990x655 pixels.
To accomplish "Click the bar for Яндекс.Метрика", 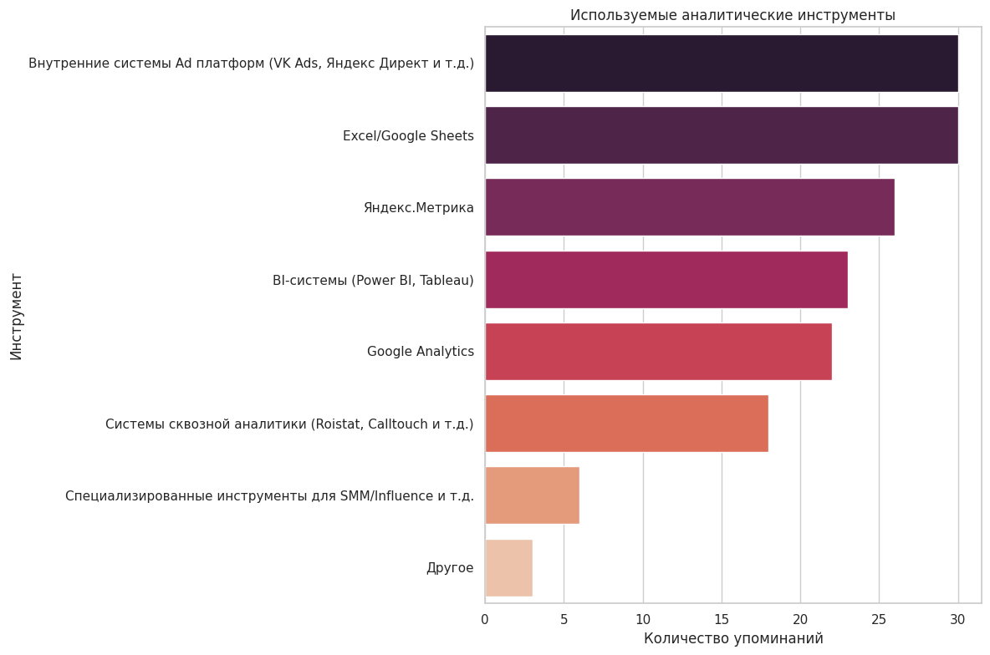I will click(x=689, y=207).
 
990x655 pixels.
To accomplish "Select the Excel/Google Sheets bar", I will click(x=721, y=135).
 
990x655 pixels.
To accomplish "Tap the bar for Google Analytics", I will click(x=658, y=352).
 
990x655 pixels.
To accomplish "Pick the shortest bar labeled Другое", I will click(x=508, y=568).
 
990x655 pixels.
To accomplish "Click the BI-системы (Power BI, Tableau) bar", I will click(x=666, y=280).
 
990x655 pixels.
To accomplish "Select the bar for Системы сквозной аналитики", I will click(x=626, y=424).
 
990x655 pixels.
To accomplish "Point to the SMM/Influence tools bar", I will click(x=532, y=496).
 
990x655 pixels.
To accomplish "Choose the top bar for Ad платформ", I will click(x=721, y=63).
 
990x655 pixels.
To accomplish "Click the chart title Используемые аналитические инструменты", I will click(x=732, y=15).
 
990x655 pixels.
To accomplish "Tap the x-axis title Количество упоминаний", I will click(x=733, y=639).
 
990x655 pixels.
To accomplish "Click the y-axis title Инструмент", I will click(x=17, y=317).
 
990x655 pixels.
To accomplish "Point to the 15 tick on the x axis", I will click(x=722, y=619).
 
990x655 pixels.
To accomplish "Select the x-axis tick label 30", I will click(x=957, y=619).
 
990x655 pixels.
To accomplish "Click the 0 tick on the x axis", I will click(x=485, y=619).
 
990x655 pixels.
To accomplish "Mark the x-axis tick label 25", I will click(x=879, y=619).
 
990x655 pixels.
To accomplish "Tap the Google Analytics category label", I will click(x=420, y=352).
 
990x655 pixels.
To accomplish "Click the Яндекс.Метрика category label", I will click(x=418, y=208).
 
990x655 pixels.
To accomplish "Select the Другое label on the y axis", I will click(x=450, y=568).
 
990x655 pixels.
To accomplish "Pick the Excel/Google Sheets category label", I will click(x=408, y=136).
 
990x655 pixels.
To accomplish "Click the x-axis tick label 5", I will click(x=564, y=619).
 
